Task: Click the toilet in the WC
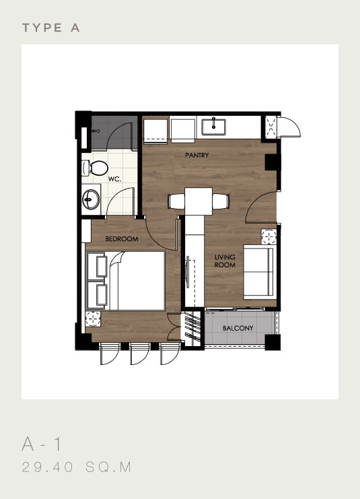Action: click(x=97, y=168)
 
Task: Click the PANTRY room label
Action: click(x=197, y=156)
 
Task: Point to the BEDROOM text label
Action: click(x=122, y=239)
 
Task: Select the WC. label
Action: click(x=114, y=180)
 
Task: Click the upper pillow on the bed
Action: click(x=98, y=265)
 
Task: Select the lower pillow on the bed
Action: click(x=98, y=294)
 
